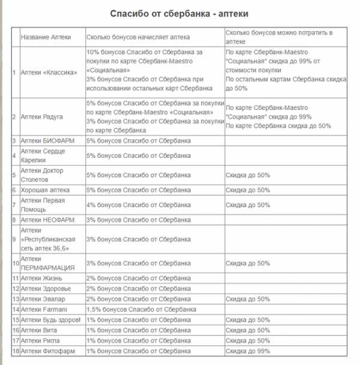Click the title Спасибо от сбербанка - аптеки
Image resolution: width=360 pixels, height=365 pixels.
pos(179,13)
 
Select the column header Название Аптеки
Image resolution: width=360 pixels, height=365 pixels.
pos(46,37)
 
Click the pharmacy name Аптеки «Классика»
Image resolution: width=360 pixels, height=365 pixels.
pos(49,73)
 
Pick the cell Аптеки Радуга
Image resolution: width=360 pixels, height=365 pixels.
pos(42,116)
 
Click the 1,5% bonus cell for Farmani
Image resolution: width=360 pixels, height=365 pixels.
pos(141,309)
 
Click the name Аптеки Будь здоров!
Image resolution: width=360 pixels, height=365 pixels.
pos(50,320)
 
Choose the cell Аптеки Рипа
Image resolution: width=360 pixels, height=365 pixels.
pos(40,340)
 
